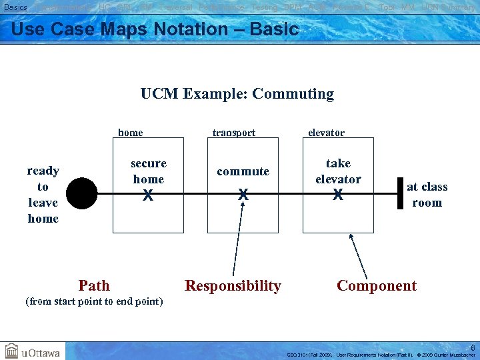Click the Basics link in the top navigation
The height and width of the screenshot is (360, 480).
pos(15,7)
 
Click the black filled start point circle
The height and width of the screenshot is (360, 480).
pos(81,193)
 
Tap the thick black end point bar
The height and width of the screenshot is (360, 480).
pos(400,193)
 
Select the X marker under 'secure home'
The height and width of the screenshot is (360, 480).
pos(148,195)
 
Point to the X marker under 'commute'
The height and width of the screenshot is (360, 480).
pos(243,195)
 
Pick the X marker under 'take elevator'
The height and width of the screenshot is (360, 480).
pos(338,195)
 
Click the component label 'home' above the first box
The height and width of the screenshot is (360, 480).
pos(131,133)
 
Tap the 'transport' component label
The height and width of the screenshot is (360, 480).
pos(233,133)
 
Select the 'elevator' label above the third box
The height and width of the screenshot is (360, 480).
pos(326,133)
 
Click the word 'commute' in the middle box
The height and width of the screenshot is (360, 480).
pos(243,171)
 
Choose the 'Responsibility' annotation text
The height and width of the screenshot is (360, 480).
pos(233,286)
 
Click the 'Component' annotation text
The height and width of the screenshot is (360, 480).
pos(377,286)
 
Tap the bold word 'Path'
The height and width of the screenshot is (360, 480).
pos(94,286)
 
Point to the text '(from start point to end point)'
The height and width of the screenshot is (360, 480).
pos(94,301)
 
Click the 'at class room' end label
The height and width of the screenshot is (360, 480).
pos(427,195)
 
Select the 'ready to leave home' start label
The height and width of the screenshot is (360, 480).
pos(43,195)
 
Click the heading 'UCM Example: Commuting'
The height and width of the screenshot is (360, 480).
pos(237,93)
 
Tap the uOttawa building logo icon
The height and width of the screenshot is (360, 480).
pos(12,351)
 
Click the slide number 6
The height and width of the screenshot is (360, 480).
pos(473,347)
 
